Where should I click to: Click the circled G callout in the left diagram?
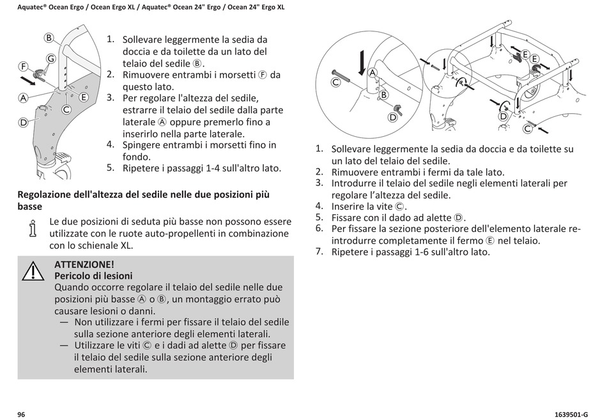[51, 58]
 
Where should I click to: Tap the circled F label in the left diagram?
[22, 66]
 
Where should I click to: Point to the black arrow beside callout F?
[29, 80]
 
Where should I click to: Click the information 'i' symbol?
[31, 228]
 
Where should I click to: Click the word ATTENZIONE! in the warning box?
[84, 264]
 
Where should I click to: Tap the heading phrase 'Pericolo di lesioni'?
[93, 276]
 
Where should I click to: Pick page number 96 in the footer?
[21, 414]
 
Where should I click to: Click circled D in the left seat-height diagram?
[23, 121]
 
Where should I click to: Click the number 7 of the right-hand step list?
[319, 251]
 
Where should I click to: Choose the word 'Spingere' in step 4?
[142, 145]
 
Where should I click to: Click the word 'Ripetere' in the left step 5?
[142, 169]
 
